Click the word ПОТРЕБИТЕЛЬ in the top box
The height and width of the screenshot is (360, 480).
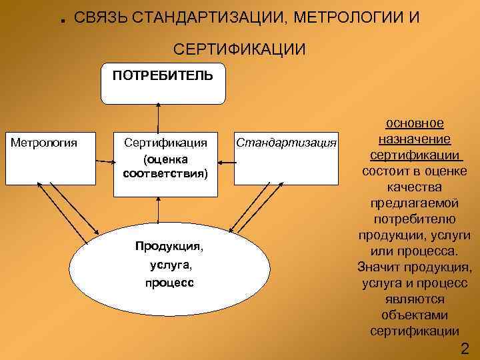tap(163, 75)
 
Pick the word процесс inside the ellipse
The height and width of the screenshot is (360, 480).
tap(169, 282)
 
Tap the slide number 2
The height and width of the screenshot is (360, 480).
tap(465, 348)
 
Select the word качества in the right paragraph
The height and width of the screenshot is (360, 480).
tap(414, 187)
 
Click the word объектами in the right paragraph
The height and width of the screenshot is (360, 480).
tap(414, 315)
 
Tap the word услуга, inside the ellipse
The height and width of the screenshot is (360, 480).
tap(169, 265)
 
